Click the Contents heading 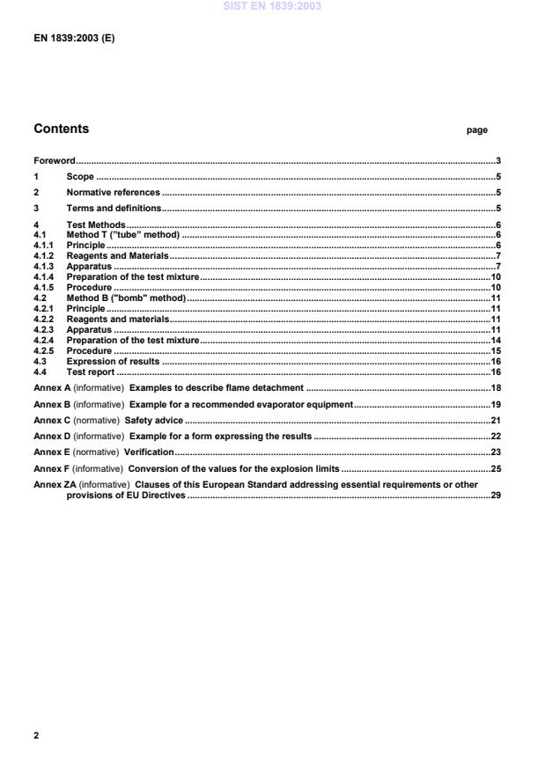61,129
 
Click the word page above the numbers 476,130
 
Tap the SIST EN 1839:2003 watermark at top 272,6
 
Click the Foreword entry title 54,161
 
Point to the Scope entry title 80,177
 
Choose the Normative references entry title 113,192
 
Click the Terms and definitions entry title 114,208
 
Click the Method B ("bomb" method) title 126,298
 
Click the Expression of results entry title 113,361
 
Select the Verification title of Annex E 150,452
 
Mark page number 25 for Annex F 496,467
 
